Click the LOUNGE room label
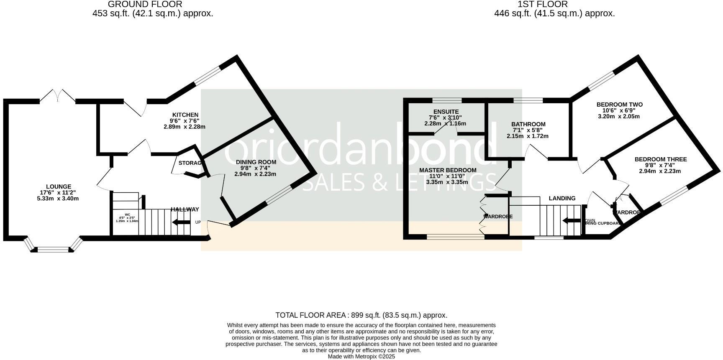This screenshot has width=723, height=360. [59, 187]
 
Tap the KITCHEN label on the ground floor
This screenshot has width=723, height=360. [185, 115]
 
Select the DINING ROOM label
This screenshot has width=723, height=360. [256, 162]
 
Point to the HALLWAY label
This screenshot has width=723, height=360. [185, 209]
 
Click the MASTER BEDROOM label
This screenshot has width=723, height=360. [448, 170]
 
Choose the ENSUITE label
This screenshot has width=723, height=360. [446, 112]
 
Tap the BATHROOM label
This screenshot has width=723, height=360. [528, 124]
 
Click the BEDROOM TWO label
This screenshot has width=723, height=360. [619, 105]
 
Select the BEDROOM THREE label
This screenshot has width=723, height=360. [661, 159]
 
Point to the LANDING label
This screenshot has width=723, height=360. [562, 198]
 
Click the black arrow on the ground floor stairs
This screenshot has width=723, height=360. [181, 222]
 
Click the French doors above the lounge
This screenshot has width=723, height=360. [58, 95]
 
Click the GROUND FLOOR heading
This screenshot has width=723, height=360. [145, 4]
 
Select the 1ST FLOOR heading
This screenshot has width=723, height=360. [542, 4]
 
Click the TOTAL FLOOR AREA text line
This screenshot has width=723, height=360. [361, 315]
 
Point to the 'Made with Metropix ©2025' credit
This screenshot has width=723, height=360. [361, 357]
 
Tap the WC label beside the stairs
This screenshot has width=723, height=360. [127, 214]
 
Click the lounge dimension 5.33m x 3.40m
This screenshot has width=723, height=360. [58, 199]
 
